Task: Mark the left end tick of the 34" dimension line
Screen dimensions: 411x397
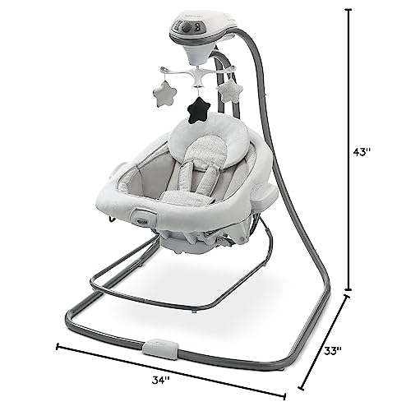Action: pos(58,344)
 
